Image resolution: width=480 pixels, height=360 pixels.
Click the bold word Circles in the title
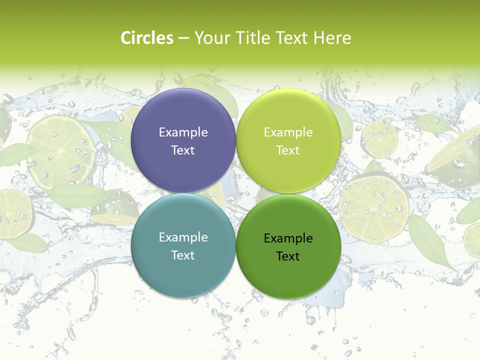(147, 38)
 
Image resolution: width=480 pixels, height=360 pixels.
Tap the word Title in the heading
(252, 38)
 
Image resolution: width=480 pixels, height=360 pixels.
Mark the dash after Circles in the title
(183, 38)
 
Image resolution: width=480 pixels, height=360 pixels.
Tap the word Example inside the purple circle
(183, 132)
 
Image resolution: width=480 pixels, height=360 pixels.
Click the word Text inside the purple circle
(183, 150)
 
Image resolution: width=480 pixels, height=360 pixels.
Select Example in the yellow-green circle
(288, 132)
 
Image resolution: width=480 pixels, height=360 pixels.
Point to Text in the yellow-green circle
(288, 150)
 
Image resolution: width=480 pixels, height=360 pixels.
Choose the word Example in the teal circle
(183, 237)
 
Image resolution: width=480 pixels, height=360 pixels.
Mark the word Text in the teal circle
(183, 255)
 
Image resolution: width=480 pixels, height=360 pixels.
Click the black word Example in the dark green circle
(288, 238)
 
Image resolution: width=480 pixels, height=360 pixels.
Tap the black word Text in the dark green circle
(288, 256)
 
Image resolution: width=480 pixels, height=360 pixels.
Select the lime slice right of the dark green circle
(374, 208)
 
